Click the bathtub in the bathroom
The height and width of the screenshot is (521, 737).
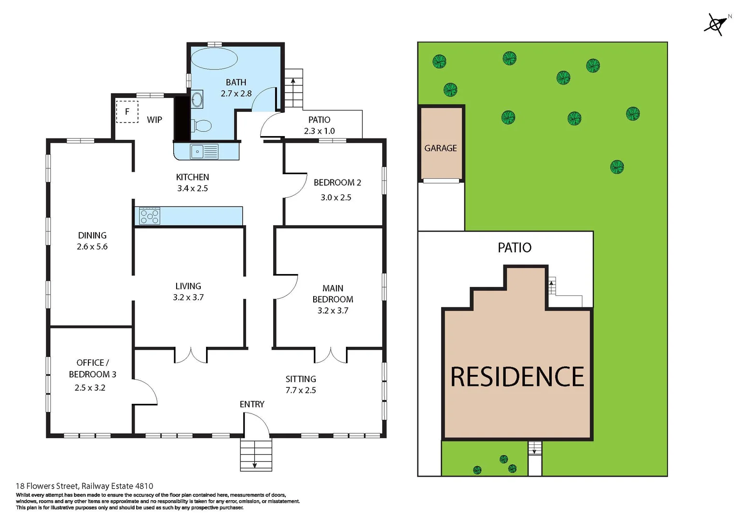tap(214, 59)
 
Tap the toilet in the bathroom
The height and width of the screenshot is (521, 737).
tap(202, 125)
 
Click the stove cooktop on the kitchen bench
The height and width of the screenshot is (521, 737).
tap(150, 216)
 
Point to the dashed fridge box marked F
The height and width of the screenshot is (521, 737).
tap(127, 111)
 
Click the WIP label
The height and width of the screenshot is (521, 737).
tap(154, 120)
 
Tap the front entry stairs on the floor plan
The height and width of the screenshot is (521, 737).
tap(256, 454)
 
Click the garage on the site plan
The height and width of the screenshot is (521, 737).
tap(441, 143)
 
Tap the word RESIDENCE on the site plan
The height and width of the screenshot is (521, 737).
tap(517, 377)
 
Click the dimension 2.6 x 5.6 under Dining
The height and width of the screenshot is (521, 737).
tap(92, 247)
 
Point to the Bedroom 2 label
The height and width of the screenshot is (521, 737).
tap(337, 182)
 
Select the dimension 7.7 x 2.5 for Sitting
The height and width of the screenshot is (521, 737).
tap(301, 390)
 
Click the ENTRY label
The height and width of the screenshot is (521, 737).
tap(252, 404)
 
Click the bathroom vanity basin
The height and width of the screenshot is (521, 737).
tap(197, 100)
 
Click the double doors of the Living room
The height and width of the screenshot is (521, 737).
tap(191, 355)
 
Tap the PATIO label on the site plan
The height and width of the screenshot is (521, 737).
tap(515, 247)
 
